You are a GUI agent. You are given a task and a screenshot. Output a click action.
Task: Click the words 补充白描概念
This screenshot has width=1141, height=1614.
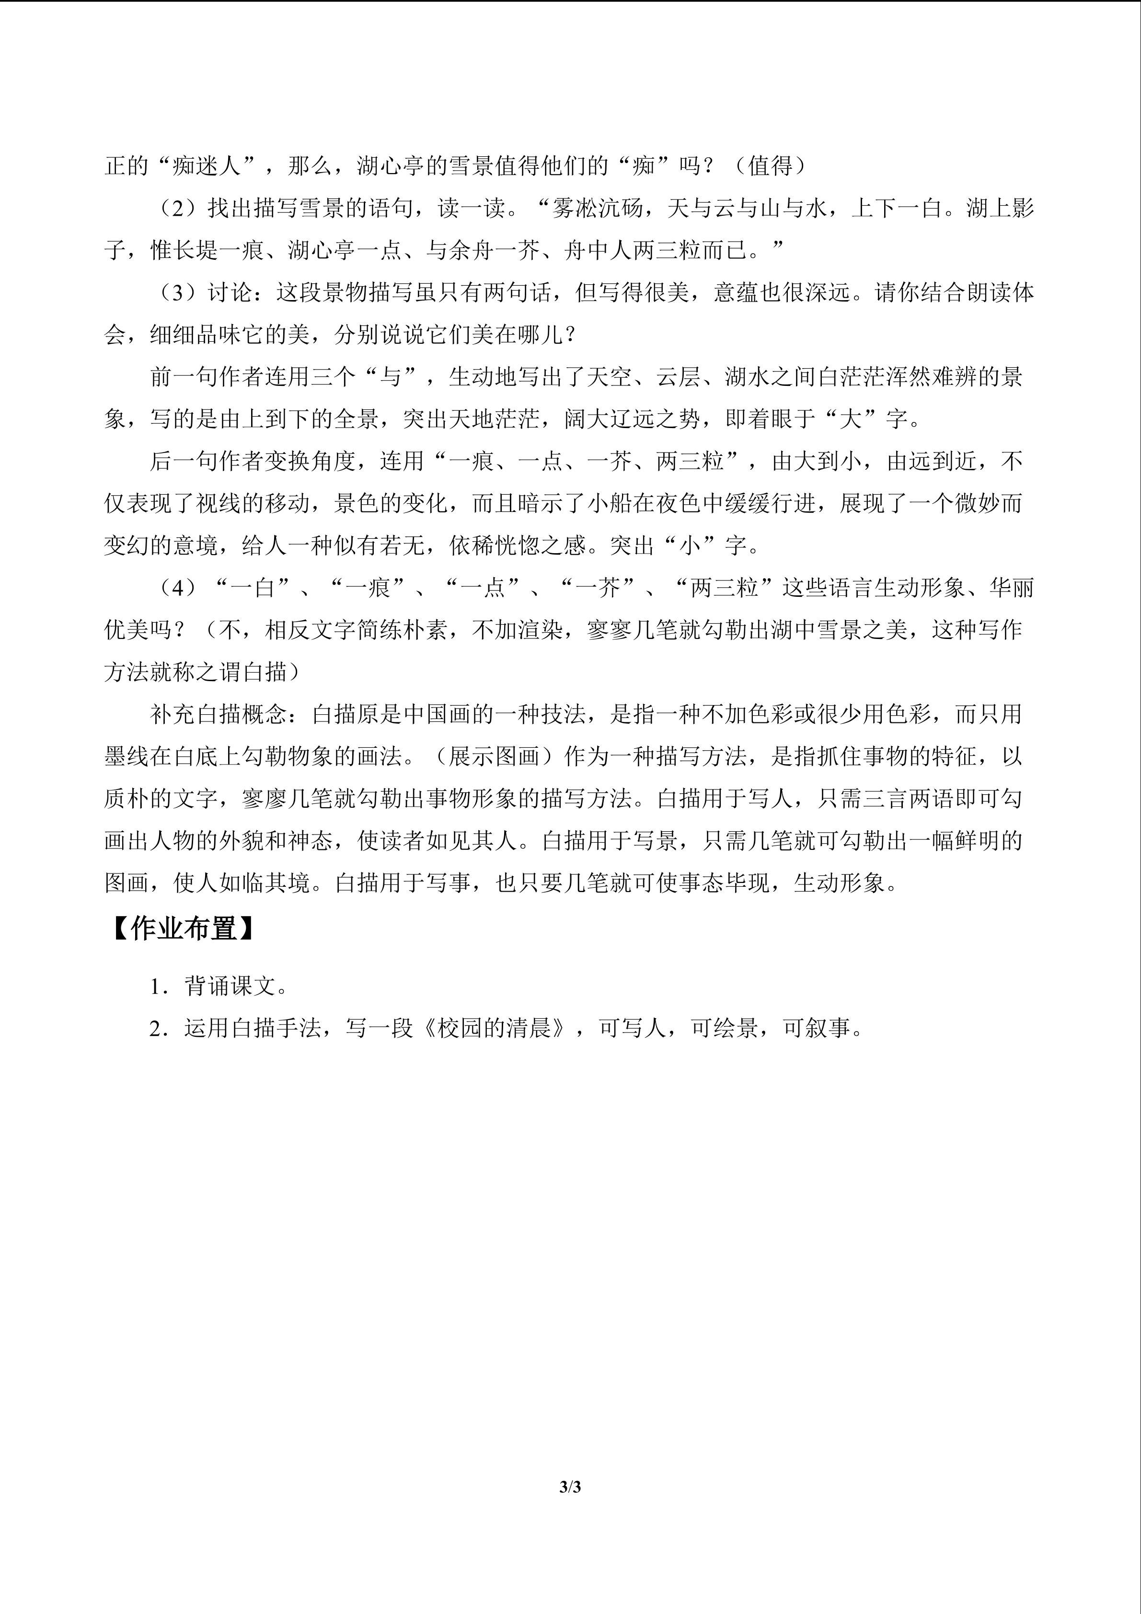coord(219,715)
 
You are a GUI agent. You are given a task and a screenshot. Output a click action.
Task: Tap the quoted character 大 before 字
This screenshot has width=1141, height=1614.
coord(851,419)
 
